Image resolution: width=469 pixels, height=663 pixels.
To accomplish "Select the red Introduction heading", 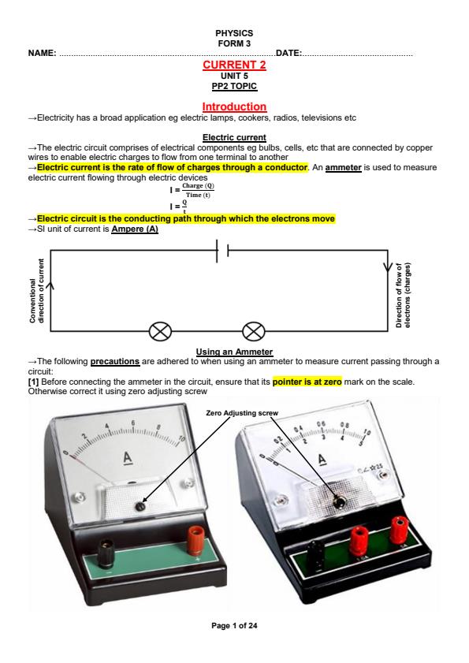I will pyautogui.click(x=234, y=106).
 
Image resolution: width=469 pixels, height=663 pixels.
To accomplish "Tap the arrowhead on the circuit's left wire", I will pyautogui.click(x=51, y=287).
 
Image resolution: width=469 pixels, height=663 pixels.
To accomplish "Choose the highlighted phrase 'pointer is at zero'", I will pyautogui.click(x=305, y=382).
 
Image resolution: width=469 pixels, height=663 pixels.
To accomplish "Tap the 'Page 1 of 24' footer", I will pyautogui.click(x=234, y=625).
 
